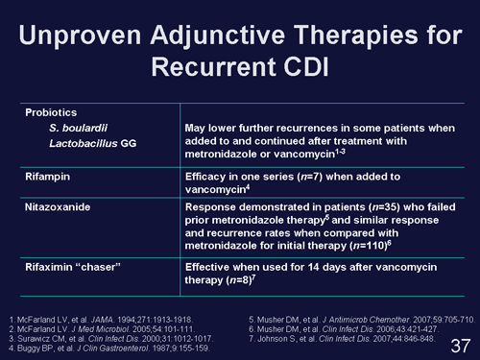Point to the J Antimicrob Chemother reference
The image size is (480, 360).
pos(365,316)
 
